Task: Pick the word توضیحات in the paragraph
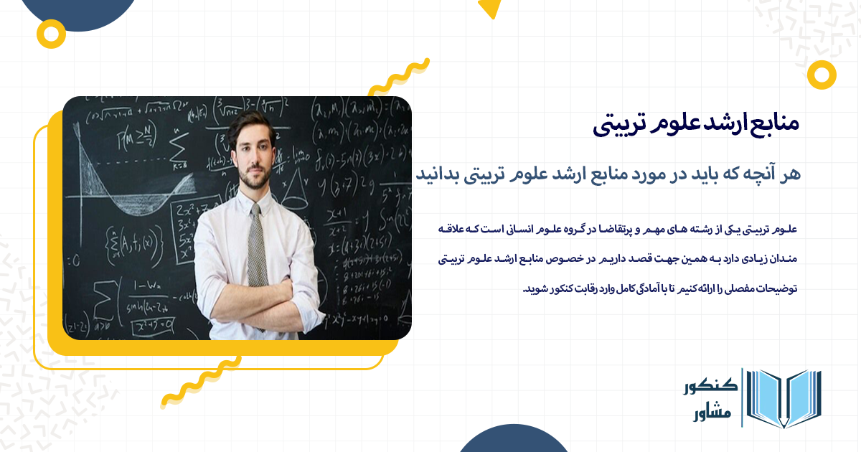(774, 289)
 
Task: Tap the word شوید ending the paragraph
(535, 289)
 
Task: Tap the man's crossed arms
(258, 301)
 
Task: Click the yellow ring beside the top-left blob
(51, 32)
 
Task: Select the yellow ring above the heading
(821, 75)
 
